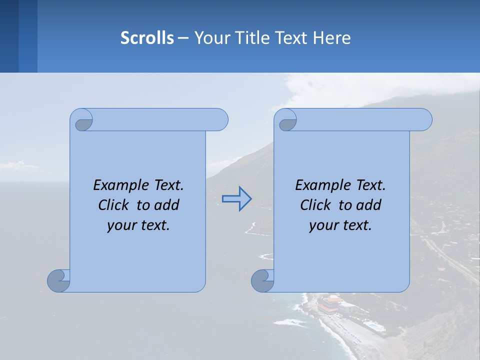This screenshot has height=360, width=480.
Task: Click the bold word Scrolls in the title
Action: tap(147, 38)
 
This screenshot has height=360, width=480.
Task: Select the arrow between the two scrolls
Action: tap(236, 199)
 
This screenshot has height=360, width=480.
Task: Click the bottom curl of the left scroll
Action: tap(58, 280)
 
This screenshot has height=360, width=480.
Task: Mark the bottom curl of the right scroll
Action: tap(262, 280)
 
